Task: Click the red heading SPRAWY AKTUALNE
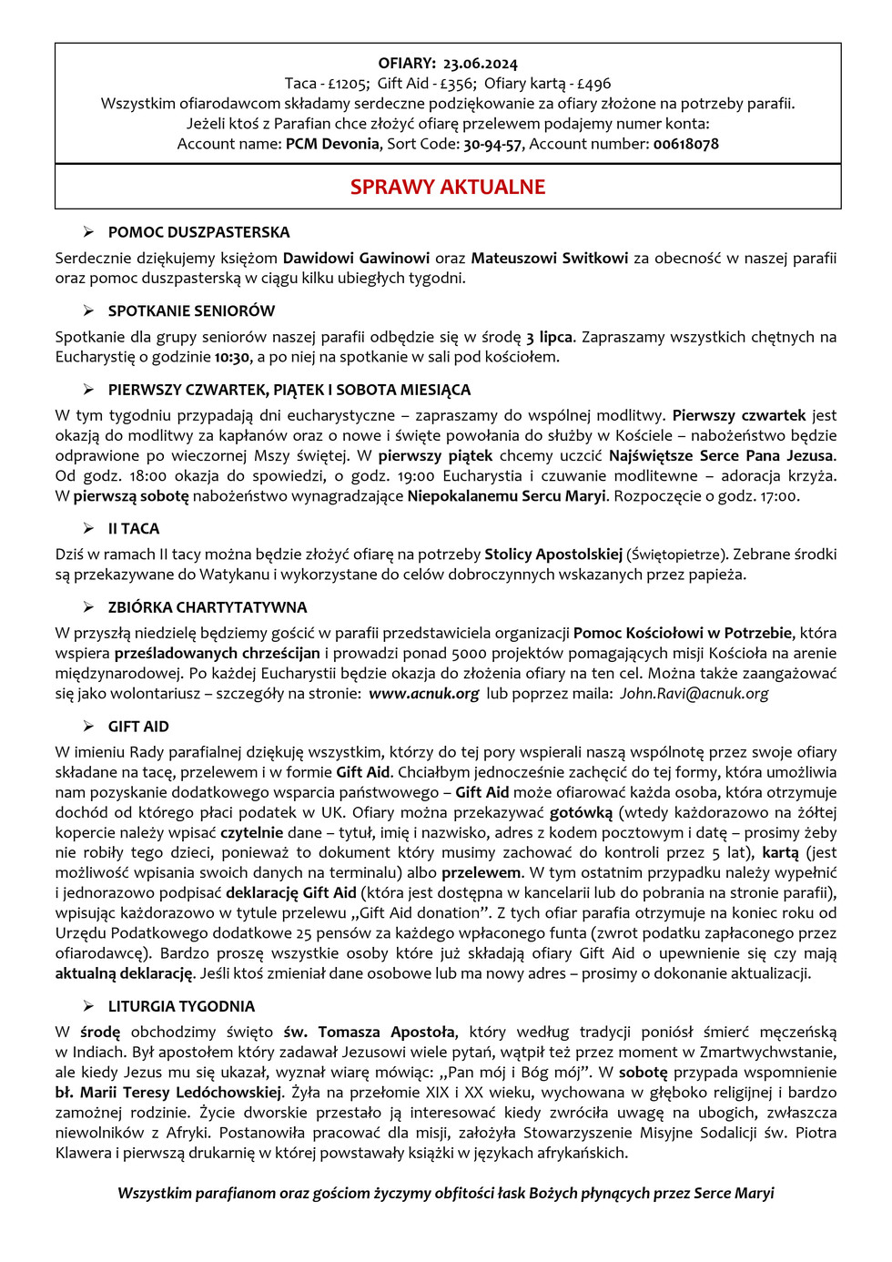(x=448, y=187)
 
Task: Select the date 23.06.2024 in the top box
(x=480, y=64)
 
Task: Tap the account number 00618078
(x=685, y=144)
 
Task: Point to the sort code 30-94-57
(x=492, y=144)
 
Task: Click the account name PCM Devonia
(x=332, y=144)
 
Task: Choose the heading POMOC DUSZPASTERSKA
(x=198, y=232)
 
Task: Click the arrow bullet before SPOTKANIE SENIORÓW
(x=88, y=310)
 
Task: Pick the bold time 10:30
(x=231, y=357)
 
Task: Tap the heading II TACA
(x=134, y=528)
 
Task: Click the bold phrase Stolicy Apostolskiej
(x=553, y=554)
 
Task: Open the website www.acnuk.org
(x=423, y=693)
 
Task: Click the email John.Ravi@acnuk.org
(x=694, y=693)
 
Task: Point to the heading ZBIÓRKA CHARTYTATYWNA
(x=208, y=607)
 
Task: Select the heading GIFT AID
(x=138, y=727)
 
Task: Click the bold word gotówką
(x=581, y=812)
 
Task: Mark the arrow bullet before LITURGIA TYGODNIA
(x=88, y=1006)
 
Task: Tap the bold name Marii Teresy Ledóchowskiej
(x=181, y=1092)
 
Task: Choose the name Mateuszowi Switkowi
(x=550, y=258)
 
